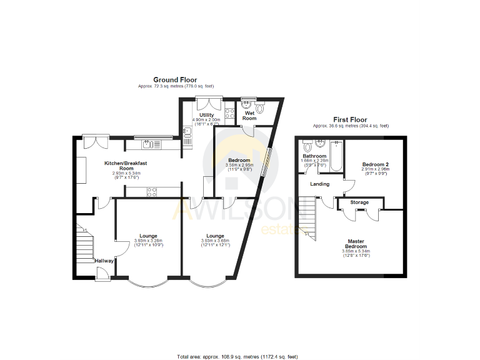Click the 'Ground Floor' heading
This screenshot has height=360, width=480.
pyautogui.click(x=176, y=80)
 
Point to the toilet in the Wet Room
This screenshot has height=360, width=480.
pyautogui.click(x=261, y=109)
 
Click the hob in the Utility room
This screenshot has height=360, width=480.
pyautogui.click(x=229, y=114)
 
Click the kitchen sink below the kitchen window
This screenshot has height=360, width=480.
pyautogui.click(x=147, y=144)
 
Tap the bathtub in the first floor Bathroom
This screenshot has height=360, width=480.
pyautogui.click(x=336, y=156)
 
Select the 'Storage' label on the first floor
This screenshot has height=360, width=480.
pyautogui.click(x=359, y=202)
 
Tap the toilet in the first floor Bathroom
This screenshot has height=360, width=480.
pyautogui.click(x=307, y=146)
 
